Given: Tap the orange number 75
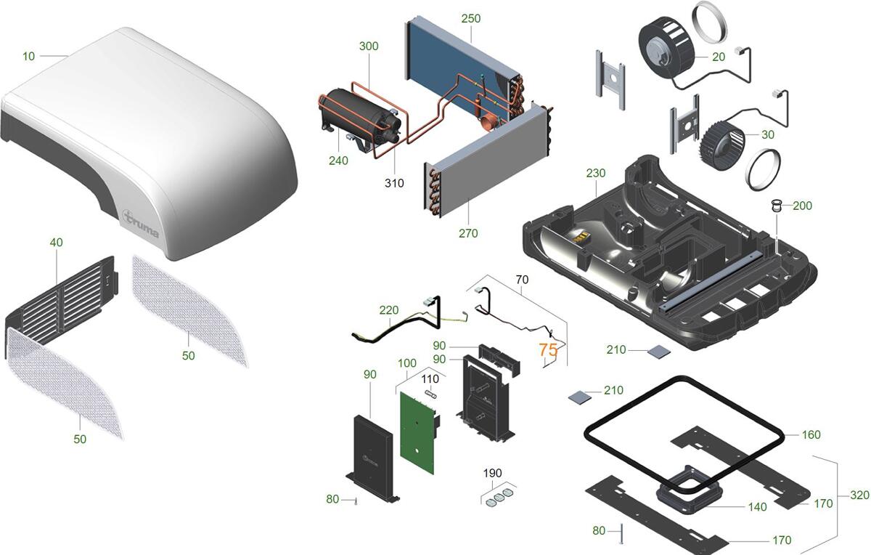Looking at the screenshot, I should pyautogui.click(x=548, y=349).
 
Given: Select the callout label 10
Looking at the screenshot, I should pyautogui.click(x=29, y=56).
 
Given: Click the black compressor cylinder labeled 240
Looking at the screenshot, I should pyautogui.click(x=359, y=116).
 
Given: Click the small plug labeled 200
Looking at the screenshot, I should pyautogui.click(x=777, y=208).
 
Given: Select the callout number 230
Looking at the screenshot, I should pyautogui.click(x=595, y=174).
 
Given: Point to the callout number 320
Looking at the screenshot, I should pyautogui.click(x=859, y=495).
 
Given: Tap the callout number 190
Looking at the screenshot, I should pyautogui.click(x=493, y=473).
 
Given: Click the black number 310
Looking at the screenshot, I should pyautogui.click(x=394, y=183).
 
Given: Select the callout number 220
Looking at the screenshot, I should pyautogui.click(x=389, y=310).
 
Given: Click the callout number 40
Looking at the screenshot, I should pyautogui.click(x=56, y=243).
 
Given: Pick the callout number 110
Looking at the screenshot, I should pyautogui.click(x=430, y=378).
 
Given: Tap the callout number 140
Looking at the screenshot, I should pyautogui.click(x=757, y=507).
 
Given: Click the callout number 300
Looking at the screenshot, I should pyautogui.click(x=369, y=46).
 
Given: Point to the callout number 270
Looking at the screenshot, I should pyautogui.click(x=468, y=233).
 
